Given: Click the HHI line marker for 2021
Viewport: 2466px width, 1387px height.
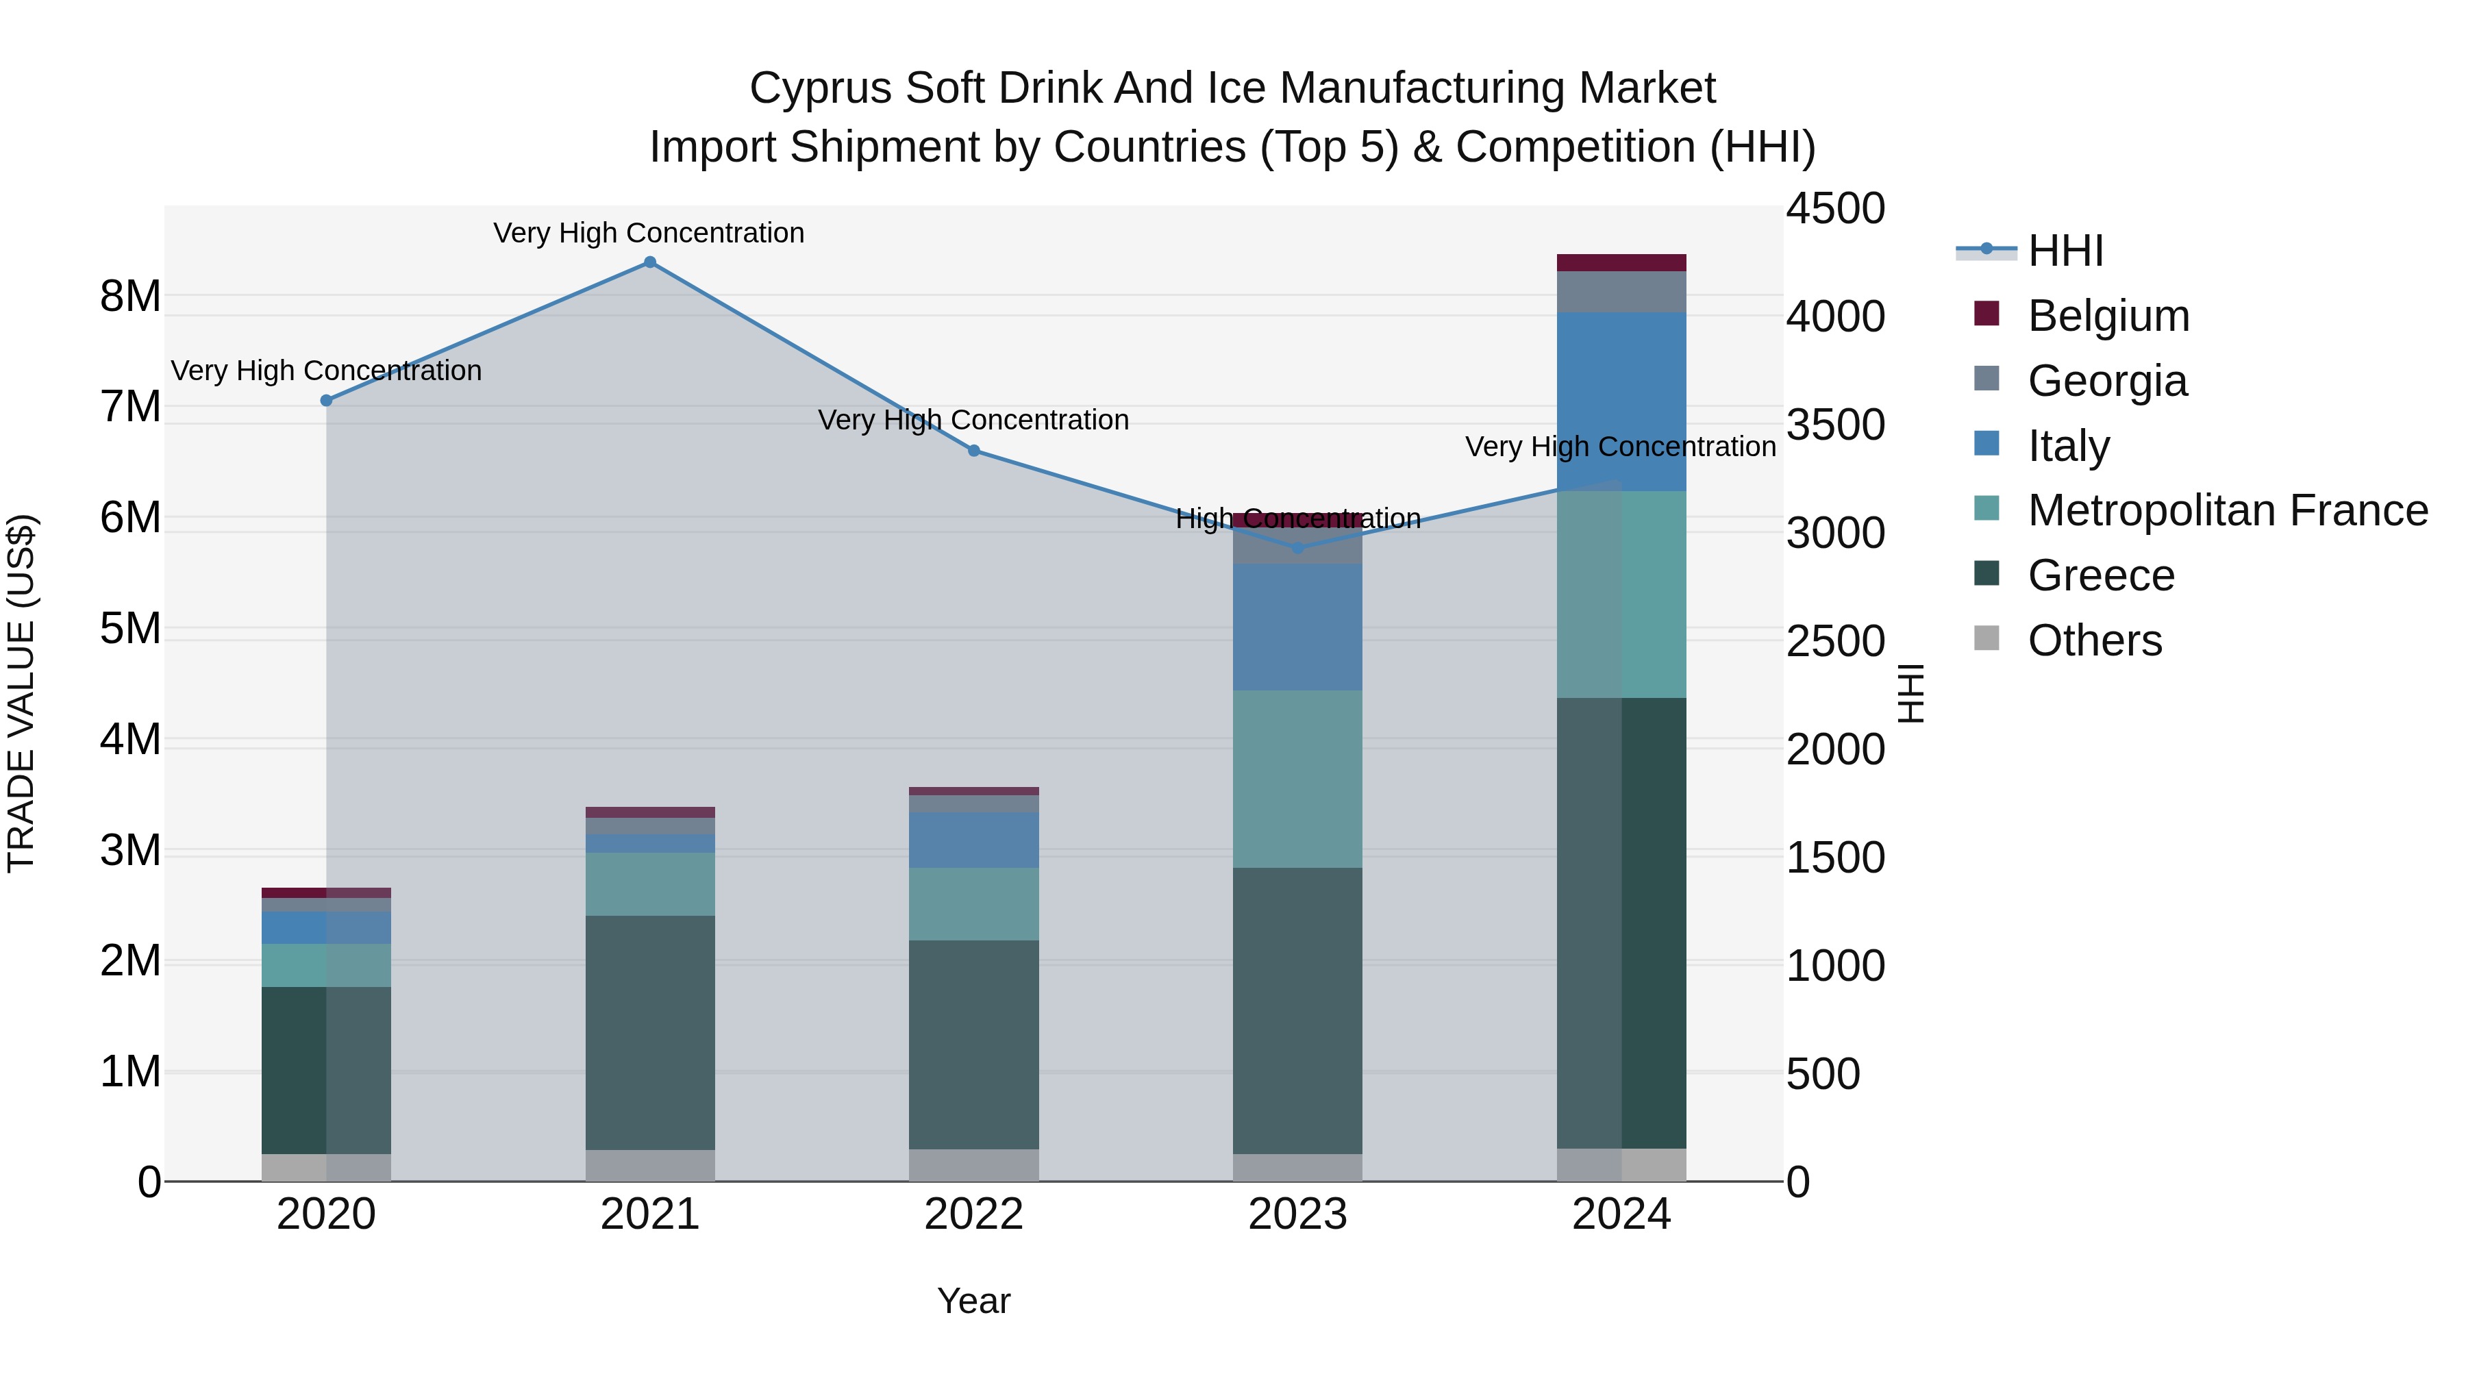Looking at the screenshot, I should [650, 262].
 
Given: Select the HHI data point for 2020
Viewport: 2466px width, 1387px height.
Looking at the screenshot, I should [327, 400].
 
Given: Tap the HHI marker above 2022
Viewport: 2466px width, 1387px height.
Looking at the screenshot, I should [973, 451].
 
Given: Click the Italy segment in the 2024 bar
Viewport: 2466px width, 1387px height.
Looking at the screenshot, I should [1621, 402].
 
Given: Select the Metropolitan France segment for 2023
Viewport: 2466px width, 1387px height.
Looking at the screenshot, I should [1297, 779].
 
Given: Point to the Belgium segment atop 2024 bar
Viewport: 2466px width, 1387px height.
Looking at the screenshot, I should [1621, 263].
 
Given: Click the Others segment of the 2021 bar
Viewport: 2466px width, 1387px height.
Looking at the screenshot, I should [650, 1165].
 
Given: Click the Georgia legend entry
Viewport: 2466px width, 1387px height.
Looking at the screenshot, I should [2107, 381].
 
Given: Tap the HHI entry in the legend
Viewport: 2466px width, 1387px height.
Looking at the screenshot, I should [2065, 251].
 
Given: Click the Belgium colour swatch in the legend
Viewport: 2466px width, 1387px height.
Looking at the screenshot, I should [1987, 314].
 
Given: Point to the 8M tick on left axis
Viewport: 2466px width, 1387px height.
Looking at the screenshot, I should [130, 297].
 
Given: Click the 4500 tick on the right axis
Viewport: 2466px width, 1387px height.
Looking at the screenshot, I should [1835, 209].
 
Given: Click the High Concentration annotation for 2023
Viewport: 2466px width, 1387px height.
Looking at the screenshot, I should [1297, 518].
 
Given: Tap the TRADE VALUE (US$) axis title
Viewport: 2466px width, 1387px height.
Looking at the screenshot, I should [22, 693].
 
